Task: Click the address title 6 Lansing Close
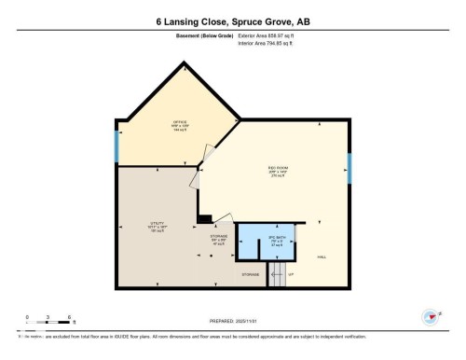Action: coord(233,20)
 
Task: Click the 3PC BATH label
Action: coord(276,241)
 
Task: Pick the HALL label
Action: coord(322,256)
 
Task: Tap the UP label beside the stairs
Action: coord(290,275)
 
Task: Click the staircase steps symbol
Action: coord(276,274)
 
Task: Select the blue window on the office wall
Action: coord(116,146)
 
